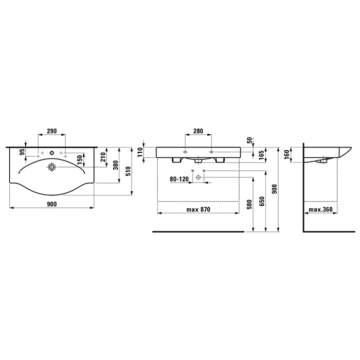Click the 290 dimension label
pyautogui.click(x=51, y=131)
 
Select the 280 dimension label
pyautogui.click(x=198, y=131)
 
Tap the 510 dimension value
pyautogui.click(x=128, y=171)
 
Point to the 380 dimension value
pyautogui.click(x=116, y=165)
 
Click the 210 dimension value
pyautogui.click(x=103, y=157)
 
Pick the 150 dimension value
pyautogui.click(x=79, y=160)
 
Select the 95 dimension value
pyautogui.click(x=22, y=152)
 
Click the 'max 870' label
pyautogui.click(x=198, y=209)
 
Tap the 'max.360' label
pyautogui.click(x=320, y=209)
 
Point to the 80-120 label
pyautogui.click(x=179, y=179)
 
